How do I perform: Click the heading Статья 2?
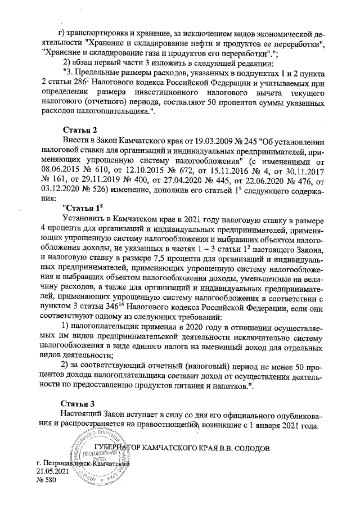(x=79, y=130)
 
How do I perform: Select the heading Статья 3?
(x=79, y=403)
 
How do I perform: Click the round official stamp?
(x=97, y=456)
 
